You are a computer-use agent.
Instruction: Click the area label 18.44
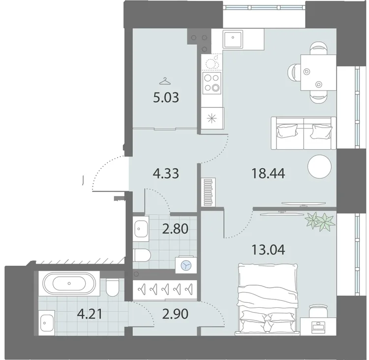click(268, 173)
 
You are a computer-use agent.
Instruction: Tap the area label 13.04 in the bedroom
click(268, 250)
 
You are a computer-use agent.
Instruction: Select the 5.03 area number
click(166, 98)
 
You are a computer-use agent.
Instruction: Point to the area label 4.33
click(166, 174)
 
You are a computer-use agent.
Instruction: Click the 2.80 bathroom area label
click(175, 229)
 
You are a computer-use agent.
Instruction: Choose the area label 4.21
click(91, 314)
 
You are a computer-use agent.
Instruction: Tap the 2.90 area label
click(175, 314)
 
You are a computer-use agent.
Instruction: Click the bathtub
click(69, 283)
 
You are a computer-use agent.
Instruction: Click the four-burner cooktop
click(212, 83)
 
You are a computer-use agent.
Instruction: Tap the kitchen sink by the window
click(233, 39)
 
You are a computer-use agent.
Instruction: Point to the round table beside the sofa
click(319, 166)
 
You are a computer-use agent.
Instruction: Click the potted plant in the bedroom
click(320, 221)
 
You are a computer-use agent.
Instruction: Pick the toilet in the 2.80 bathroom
click(142, 255)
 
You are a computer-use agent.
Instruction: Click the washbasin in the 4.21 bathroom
click(48, 322)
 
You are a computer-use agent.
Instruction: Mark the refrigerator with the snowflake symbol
click(213, 118)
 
